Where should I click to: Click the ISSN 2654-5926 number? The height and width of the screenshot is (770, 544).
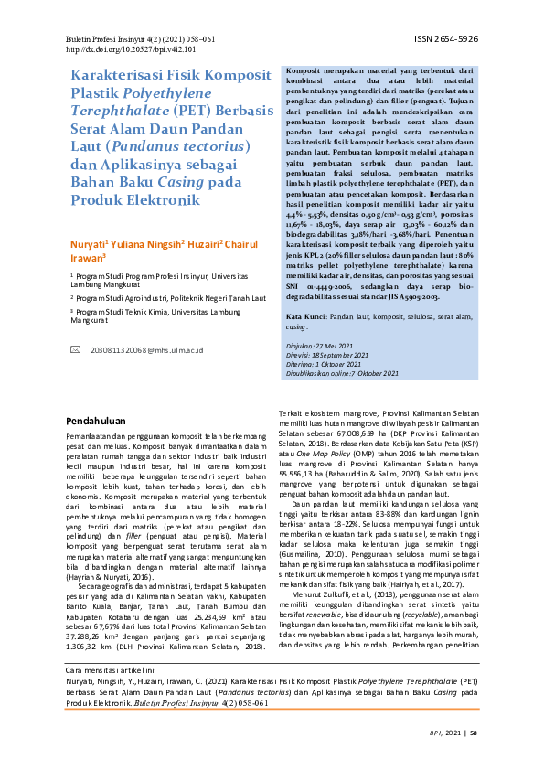click(446, 40)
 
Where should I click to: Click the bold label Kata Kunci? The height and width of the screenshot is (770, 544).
click(309, 290)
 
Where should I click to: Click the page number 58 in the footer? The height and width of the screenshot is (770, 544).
click(474, 758)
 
